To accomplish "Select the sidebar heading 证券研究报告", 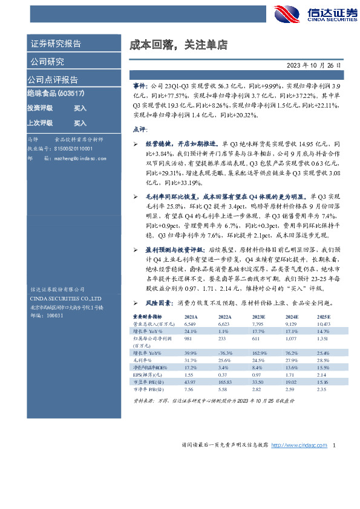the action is tap(56, 44).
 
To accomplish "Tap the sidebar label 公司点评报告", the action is tap(53, 80).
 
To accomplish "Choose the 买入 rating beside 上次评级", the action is tap(80, 123).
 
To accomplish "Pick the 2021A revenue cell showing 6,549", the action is tap(191, 324).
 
